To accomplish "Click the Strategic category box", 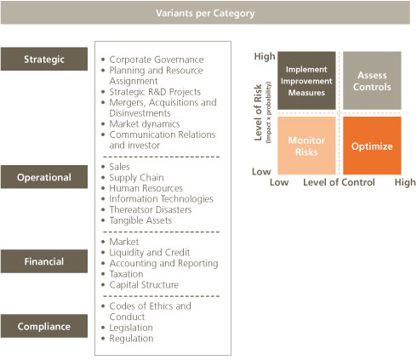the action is pyautogui.click(x=44, y=59).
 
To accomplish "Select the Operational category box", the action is pyautogui.click(x=44, y=177).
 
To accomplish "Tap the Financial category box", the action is pyautogui.click(x=44, y=261).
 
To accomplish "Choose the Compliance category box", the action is pyautogui.click(x=44, y=326).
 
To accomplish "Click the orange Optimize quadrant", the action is pyautogui.click(x=372, y=146).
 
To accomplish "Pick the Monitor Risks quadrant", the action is pyautogui.click(x=306, y=146).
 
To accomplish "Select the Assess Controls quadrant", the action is pyautogui.click(x=372, y=81).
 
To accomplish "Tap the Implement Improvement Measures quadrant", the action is pyautogui.click(x=306, y=81).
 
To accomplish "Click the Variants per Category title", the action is pyautogui.click(x=205, y=13).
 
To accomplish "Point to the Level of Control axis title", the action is pyautogui.click(x=339, y=182).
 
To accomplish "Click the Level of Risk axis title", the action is pyautogui.click(x=258, y=112).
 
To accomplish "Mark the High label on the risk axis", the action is pyautogui.click(x=265, y=56).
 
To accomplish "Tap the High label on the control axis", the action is pyautogui.click(x=405, y=182).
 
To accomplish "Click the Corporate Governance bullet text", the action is pyautogui.click(x=157, y=60).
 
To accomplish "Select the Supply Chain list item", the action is pyautogui.click(x=136, y=178).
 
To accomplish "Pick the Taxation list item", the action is pyautogui.click(x=126, y=274).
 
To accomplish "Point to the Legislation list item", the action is pyautogui.click(x=131, y=328).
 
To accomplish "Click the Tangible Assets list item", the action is pyautogui.click(x=140, y=220).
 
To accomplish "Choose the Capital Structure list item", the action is pyautogui.click(x=144, y=285).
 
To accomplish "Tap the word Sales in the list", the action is pyautogui.click(x=119, y=167).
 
